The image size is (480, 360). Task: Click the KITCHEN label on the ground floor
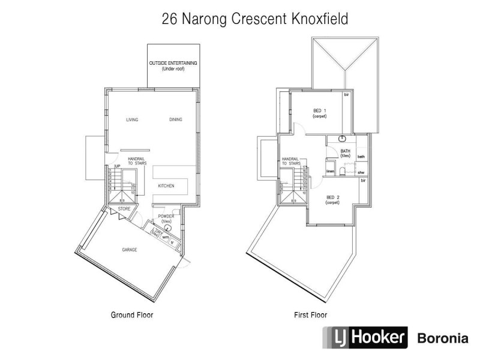click(166, 187)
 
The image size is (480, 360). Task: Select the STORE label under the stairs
click(124, 208)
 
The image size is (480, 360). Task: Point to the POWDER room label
click(166, 217)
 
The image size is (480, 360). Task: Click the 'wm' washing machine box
click(165, 236)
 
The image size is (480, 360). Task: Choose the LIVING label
click(132, 119)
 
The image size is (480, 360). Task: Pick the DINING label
click(176, 119)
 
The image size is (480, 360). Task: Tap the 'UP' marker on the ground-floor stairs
click(118, 166)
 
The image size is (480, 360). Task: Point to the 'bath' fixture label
click(361, 157)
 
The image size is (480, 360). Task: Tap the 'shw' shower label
click(361, 173)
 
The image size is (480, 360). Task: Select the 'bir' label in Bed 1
click(347, 95)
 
